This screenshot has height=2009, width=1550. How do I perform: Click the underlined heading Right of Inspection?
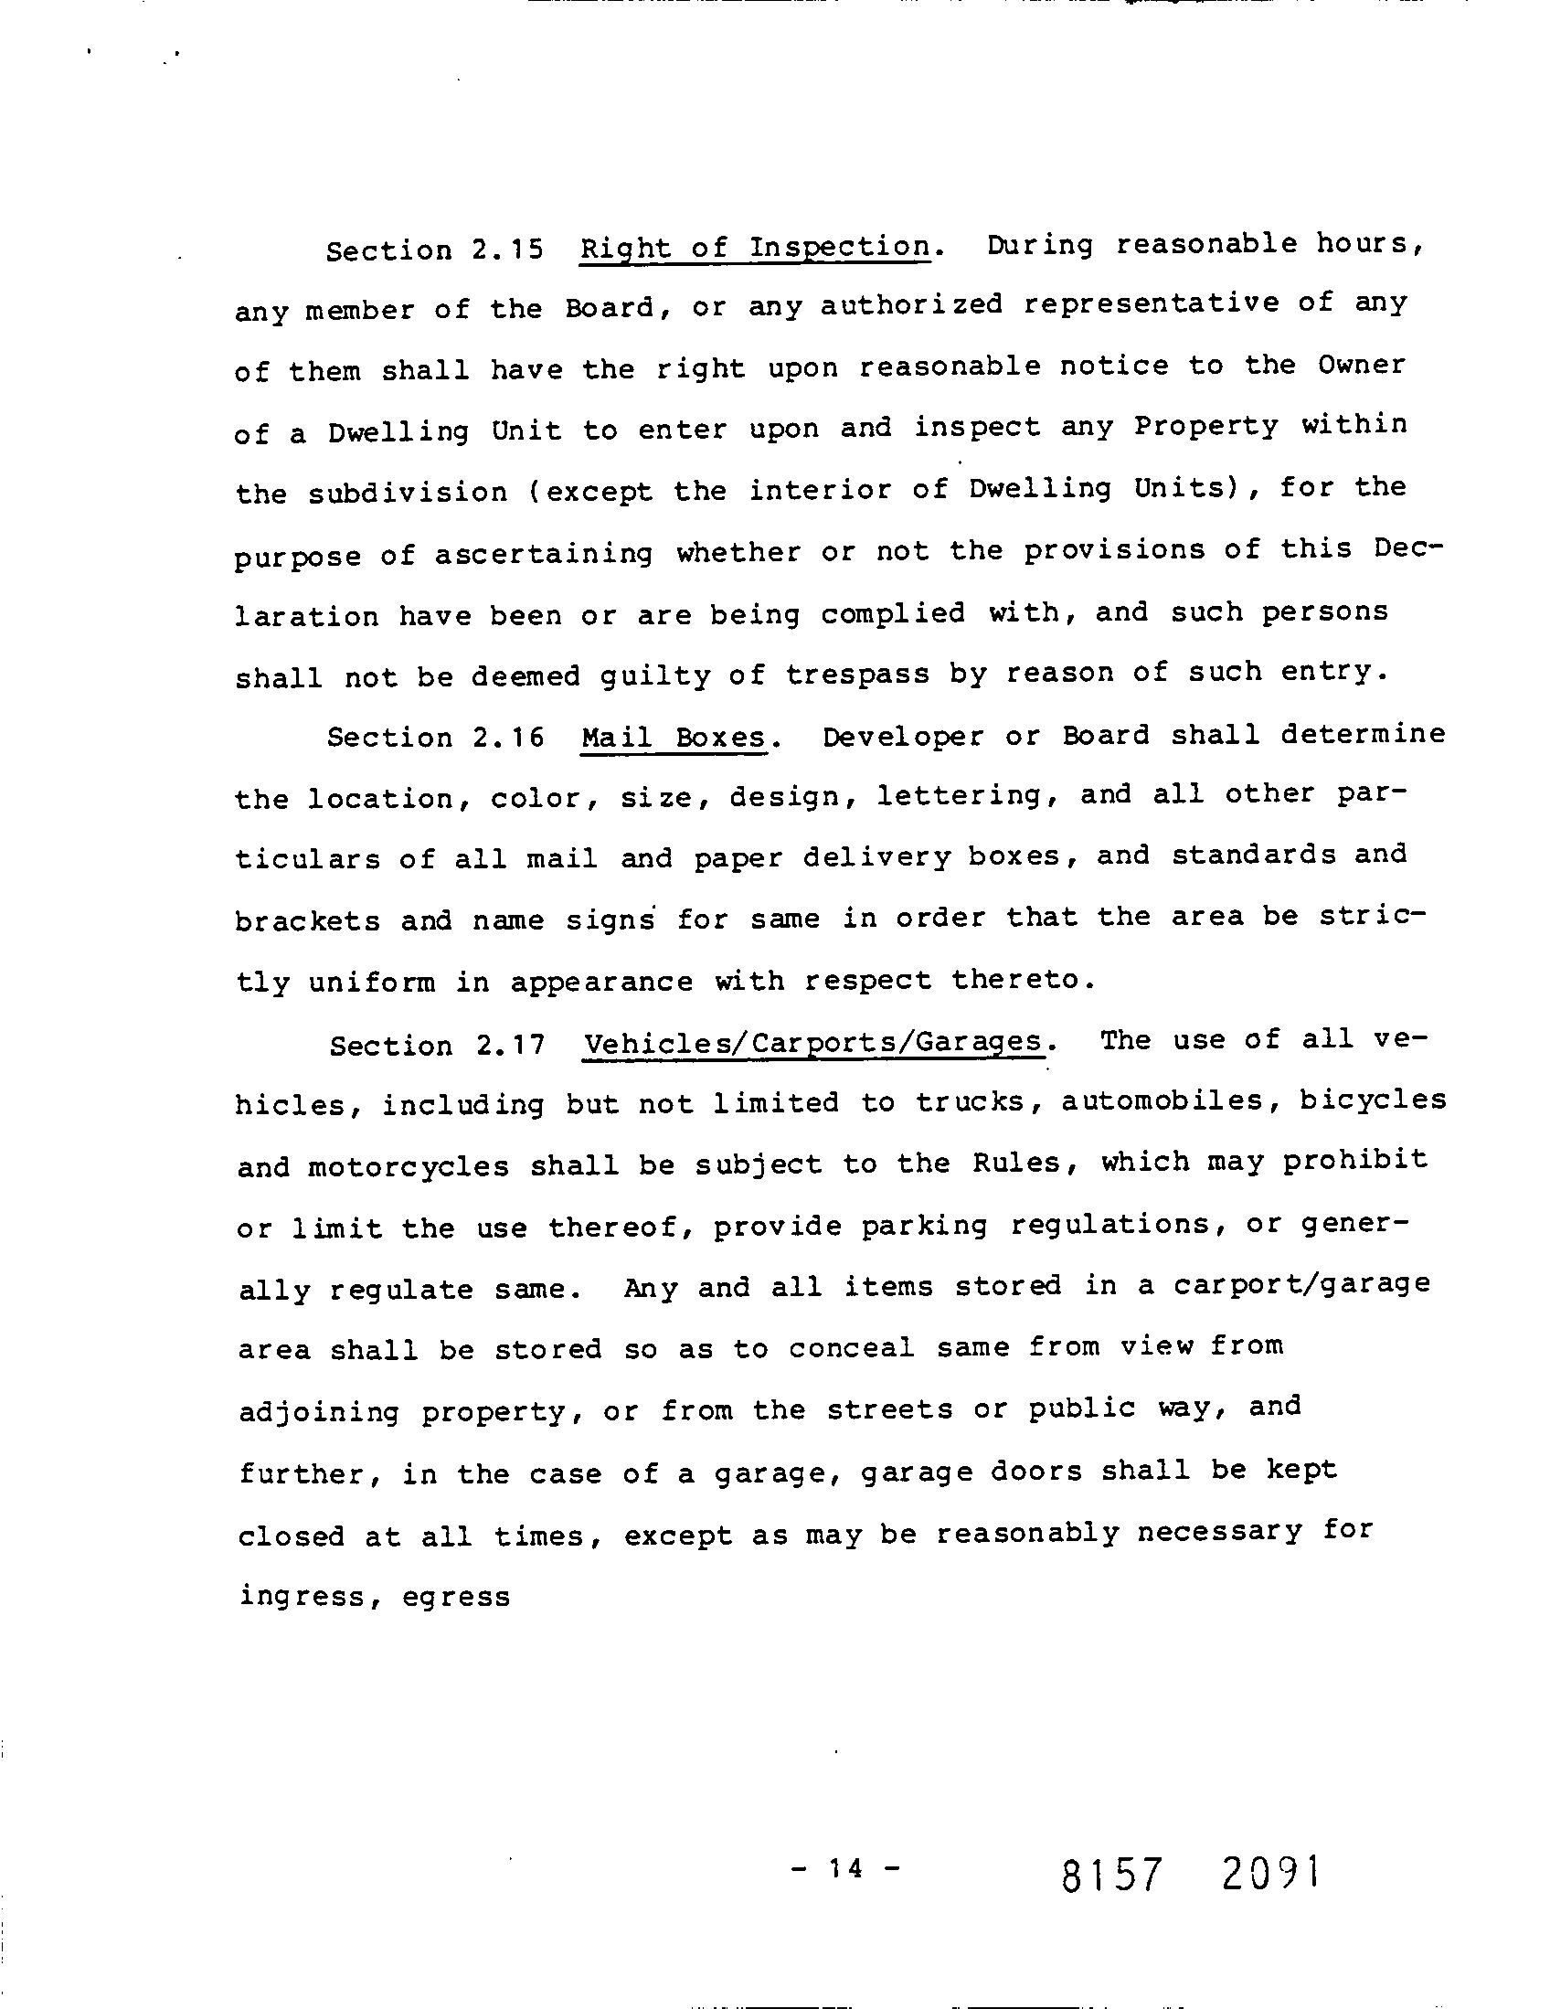click(x=754, y=248)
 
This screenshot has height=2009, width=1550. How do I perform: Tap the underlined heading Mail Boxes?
click(x=674, y=738)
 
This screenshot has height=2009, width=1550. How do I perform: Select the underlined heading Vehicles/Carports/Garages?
click(x=814, y=1043)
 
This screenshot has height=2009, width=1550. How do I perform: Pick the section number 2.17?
click(x=511, y=1046)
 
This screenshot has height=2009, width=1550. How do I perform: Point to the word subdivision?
click(x=408, y=493)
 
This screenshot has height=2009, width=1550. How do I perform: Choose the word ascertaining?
click(x=544, y=555)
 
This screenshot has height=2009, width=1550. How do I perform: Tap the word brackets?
click(x=307, y=920)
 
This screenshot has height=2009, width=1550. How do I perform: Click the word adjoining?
click(x=318, y=1412)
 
